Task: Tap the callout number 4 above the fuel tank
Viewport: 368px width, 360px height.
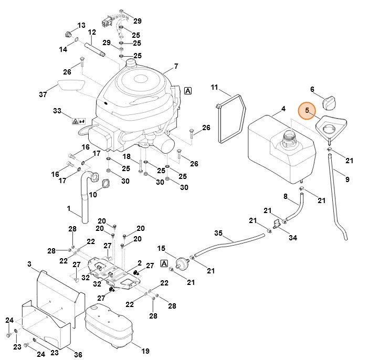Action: click(283, 109)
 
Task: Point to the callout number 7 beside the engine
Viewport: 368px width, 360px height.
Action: click(176, 66)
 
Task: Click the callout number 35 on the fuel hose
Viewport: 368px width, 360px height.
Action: click(219, 233)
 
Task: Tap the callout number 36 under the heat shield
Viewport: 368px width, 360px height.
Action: click(77, 355)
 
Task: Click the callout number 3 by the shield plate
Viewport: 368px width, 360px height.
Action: click(29, 263)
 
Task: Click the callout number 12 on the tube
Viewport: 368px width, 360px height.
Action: click(92, 33)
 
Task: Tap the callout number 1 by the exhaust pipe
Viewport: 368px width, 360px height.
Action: click(69, 208)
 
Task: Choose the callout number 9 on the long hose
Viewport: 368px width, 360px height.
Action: click(346, 179)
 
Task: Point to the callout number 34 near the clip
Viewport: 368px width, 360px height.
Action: click(293, 238)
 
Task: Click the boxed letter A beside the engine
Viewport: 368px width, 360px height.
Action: click(188, 91)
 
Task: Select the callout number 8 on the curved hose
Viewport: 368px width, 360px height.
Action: click(286, 197)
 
